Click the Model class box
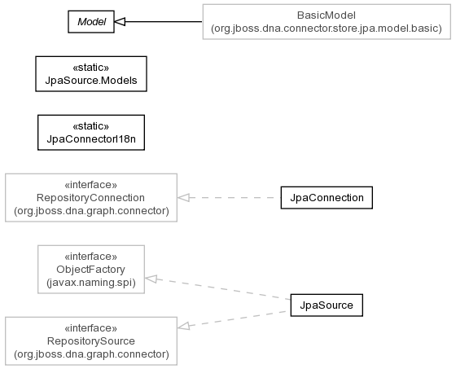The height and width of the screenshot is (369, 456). (x=91, y=22)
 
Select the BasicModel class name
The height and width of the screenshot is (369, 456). (x=327, y=15)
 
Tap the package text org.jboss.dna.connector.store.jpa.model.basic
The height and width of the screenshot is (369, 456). (x=327, y=29)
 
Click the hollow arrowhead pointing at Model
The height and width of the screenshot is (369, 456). (x=120, y=22)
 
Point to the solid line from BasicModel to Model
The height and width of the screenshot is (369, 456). (x=164, y=22)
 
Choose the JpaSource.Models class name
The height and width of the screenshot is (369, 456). (x=91, y=81)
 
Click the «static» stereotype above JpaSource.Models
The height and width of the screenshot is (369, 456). (x=91, y=68)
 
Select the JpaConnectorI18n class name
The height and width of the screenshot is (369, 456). (x=91, y=139)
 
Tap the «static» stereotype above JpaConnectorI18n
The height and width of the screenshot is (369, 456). (x=91, y=126)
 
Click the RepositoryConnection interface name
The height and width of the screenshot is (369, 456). (x=90, y=198)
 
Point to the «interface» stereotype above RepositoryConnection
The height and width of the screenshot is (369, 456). (x=90, y=185)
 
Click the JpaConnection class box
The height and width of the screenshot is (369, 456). (x=327, y=198)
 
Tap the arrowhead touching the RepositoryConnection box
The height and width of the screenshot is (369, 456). (x=183, y=198)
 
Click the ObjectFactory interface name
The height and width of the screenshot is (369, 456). (x=90, y=270)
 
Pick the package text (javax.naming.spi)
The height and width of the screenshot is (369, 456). (x=91, y=283)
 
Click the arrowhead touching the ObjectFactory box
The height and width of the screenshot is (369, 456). (x=151, y=279)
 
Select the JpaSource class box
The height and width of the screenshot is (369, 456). (x=327, y=305)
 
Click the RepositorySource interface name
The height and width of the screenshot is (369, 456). (x=91, y=341)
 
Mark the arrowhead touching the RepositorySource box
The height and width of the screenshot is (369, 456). (x=183, y=327)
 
